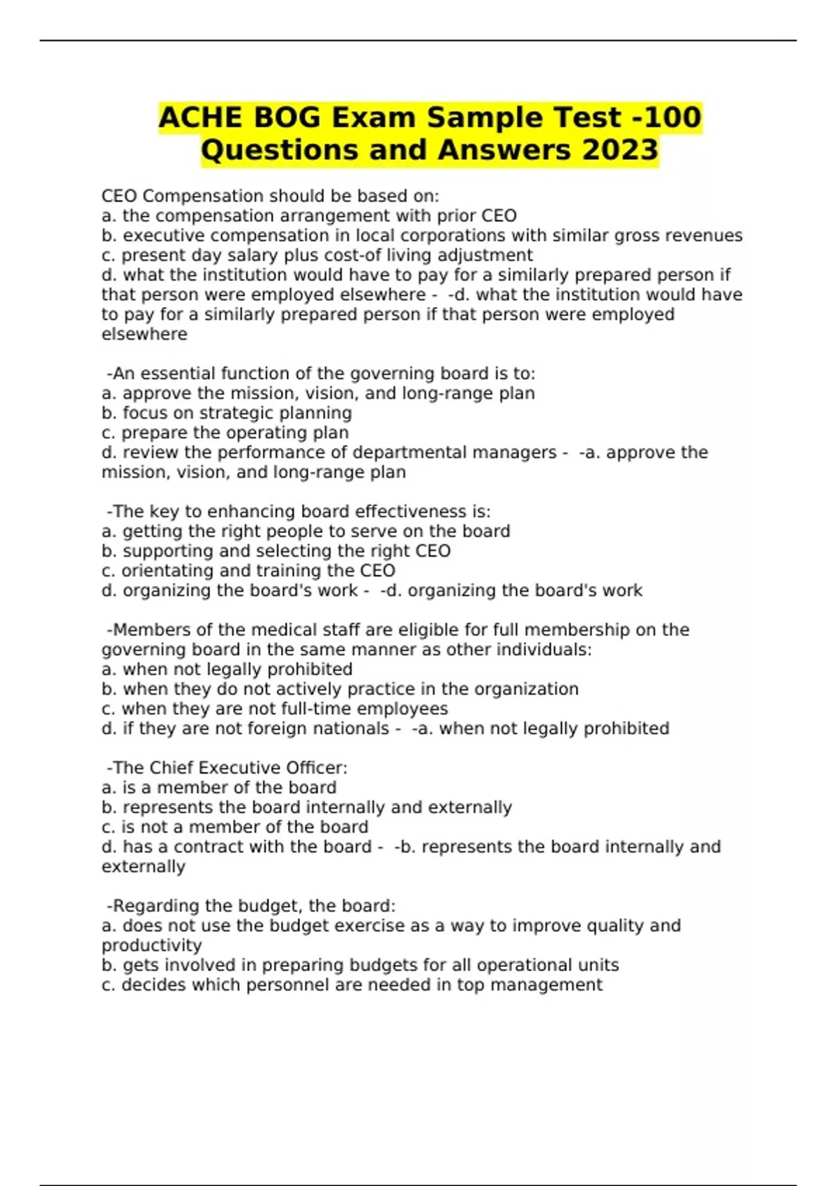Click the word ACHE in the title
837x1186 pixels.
point(199,117)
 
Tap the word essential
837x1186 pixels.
point(182,374)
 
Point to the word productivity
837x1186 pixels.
point(151,946)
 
